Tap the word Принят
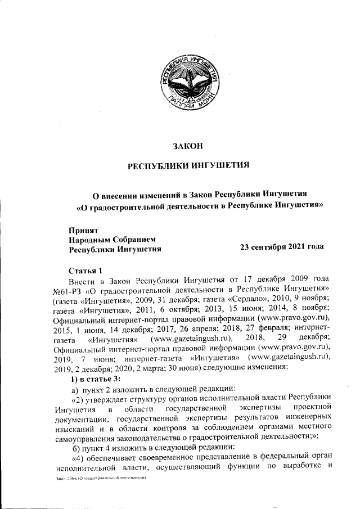pyautogui.click(x=83, y=229)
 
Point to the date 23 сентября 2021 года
pyautogui.click(x=282, y=247)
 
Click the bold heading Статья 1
pyautogui.click(x=85, y=270)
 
